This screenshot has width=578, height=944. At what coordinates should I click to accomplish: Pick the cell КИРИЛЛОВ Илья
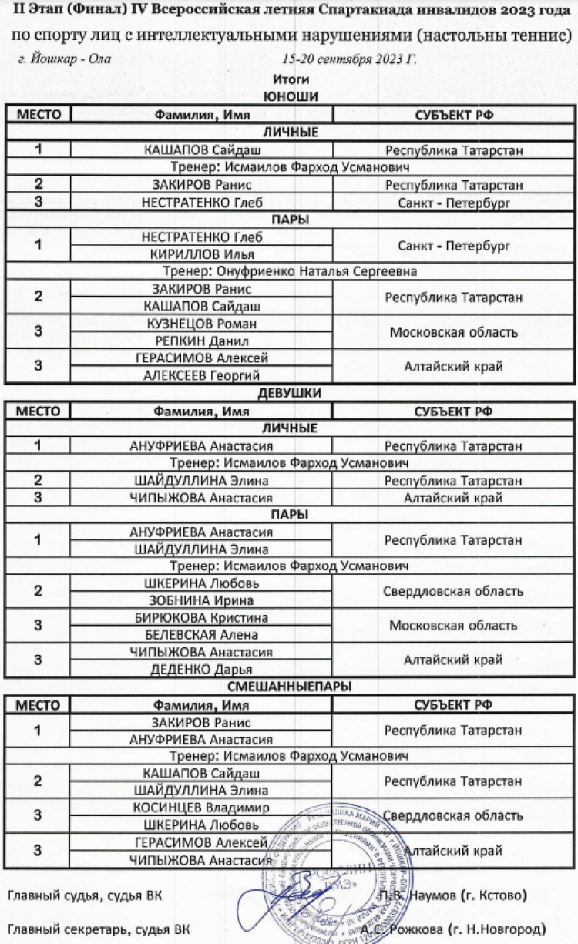(201, 254)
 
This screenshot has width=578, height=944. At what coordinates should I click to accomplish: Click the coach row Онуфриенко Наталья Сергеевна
(290, 271)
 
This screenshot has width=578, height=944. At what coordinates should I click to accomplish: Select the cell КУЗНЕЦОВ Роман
(201, 324)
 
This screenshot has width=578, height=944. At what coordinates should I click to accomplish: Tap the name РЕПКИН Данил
(201, 341)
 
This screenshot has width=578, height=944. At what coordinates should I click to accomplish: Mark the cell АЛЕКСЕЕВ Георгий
(201, 375)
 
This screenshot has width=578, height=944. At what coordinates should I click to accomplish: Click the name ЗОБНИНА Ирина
(201, 600)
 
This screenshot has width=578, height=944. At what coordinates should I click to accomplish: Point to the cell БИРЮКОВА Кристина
(201, 618)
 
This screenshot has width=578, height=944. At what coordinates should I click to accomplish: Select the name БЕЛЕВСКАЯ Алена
(201, 635)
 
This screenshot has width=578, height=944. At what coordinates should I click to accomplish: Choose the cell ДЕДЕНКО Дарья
(201, 669)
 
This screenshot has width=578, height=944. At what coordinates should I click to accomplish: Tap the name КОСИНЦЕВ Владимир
(201, 808)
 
